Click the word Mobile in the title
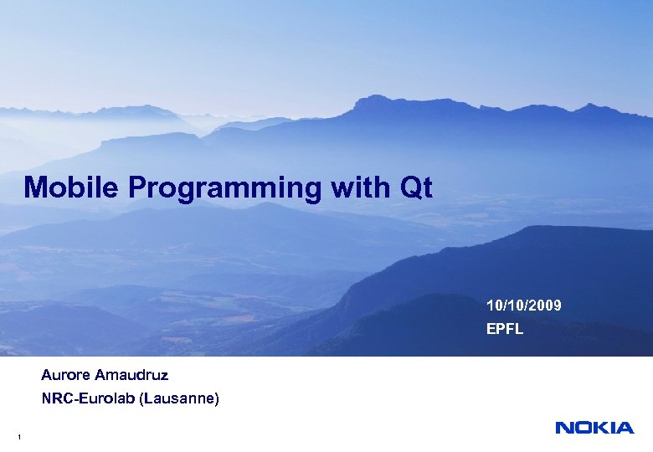pos(73,187)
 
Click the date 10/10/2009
pos(524,306)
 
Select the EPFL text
pos(505,329)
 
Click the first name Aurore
pos(67,373)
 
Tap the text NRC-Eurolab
pos(90,400)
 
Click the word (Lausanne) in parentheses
pos(180,400)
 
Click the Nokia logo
pos(594,428)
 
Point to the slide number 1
pos(18,438)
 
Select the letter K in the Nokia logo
pos(601,428)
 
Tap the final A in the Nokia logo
pos(625,428)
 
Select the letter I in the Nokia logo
pos(614,428)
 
